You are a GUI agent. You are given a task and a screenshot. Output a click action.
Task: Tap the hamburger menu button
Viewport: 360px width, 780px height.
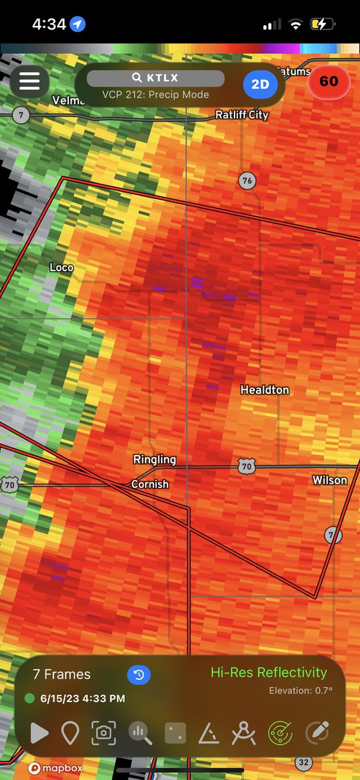point(29,81)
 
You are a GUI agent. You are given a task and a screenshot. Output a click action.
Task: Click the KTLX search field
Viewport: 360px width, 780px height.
point(155,79)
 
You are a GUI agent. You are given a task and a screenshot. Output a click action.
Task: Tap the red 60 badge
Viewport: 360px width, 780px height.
point(328,81)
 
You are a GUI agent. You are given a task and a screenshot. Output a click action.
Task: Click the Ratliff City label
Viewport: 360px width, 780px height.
point(242,115)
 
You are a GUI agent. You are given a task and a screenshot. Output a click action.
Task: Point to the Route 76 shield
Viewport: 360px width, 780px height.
point(246,181)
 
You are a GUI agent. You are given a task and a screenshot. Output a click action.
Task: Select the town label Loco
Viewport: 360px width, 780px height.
point(62,268)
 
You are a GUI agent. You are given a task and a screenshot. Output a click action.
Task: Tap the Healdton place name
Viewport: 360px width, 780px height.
point(264,390)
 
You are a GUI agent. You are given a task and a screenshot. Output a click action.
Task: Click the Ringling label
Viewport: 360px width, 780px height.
point(155,460)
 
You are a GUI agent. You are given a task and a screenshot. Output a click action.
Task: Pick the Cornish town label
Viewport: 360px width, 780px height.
point(150,484)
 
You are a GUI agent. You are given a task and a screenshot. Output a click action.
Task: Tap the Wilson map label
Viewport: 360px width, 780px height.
point(330,480)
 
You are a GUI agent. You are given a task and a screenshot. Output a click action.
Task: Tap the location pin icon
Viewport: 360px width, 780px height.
point(70,733)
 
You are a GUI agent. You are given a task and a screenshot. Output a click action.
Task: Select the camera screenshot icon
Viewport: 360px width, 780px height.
point(103,733)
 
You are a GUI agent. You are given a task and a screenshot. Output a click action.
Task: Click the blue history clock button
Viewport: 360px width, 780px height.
point(138,675)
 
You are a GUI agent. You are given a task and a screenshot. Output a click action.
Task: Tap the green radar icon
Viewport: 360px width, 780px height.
point(281,733)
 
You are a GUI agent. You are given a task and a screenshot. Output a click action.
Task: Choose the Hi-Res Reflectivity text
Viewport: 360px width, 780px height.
point(268,673)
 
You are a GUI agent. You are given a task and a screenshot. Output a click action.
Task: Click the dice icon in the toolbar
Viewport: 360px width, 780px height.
point(175,733)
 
